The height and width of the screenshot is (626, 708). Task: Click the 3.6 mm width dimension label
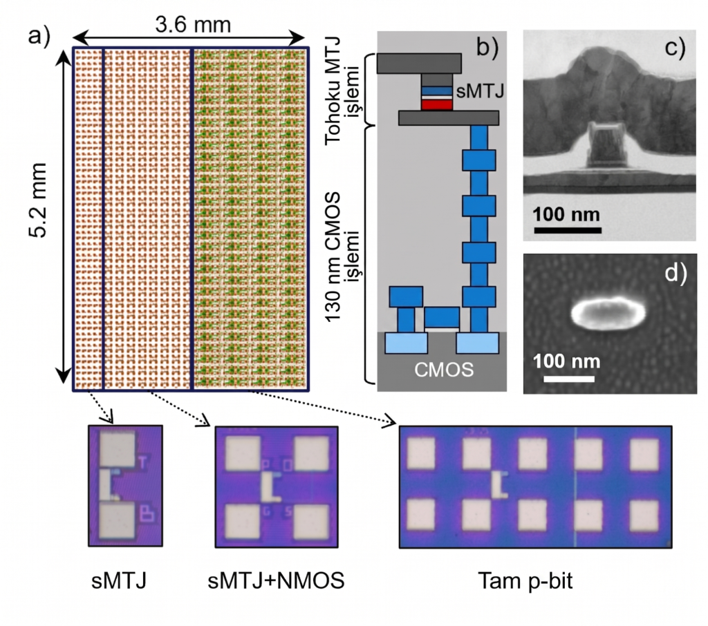pos(193,24)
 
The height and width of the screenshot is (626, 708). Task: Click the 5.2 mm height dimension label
pos(38,200)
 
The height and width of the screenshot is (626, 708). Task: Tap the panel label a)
pos(39,35)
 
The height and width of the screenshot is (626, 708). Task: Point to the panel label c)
pos(675,47)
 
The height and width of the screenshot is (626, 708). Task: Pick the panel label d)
pos(676,273)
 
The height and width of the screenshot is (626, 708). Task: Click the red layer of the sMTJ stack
pos(437,105)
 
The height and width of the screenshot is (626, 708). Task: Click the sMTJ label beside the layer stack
pos(480,91)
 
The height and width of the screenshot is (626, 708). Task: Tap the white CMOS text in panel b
pos(444,370)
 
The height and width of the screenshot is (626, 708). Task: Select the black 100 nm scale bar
pos(568,230)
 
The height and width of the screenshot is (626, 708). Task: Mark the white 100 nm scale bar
pos(568,379)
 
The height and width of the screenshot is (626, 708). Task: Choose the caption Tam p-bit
pos(525,580)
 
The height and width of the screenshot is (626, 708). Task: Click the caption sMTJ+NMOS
pos(276,580)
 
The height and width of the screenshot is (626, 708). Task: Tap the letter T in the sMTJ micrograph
pos(143,463)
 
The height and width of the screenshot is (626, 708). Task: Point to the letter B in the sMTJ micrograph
pos(147,514)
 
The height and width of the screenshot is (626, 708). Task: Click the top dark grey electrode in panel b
pos(419,63)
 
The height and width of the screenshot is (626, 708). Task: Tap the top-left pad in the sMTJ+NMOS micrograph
pos(243,453)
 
